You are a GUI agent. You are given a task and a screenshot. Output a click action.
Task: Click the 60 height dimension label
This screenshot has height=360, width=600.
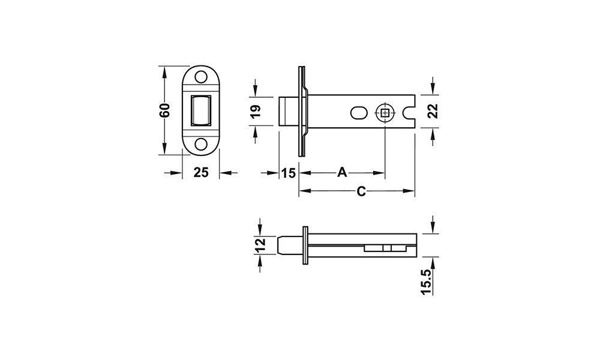pos(165,110)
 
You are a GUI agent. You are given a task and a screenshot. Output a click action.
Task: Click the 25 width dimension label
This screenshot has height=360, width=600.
pos(201,173)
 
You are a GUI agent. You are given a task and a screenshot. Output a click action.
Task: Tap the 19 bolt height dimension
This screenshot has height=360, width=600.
pos(256,110)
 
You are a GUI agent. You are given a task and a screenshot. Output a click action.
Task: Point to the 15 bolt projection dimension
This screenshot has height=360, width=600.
pos(289,173)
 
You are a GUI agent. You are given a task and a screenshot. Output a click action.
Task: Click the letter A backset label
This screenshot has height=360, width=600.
pos(342,172)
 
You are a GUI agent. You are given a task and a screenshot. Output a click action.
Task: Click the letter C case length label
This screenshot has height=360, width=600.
pos(361,191)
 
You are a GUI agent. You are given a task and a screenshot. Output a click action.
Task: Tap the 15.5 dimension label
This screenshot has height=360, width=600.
pos(427,281)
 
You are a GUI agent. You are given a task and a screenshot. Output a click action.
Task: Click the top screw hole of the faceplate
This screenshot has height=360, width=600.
pos(200,77)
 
